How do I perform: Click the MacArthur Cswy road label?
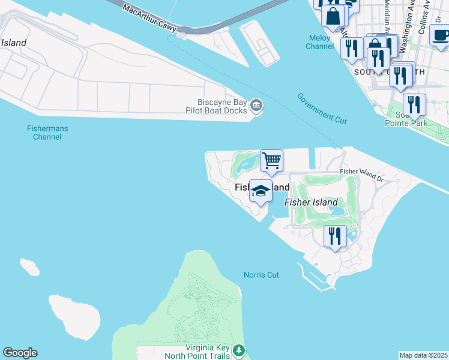click(x=149, y=17)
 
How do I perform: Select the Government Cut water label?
click(x=322, y=109)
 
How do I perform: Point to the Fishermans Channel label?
click(x=44, y=133)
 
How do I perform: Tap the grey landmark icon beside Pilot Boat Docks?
click(x=256, y=106)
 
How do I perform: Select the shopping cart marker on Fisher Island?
click(x=272, y=160)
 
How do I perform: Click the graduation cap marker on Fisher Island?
click(x=261, y=191)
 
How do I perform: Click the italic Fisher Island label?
click(x=311, y=202)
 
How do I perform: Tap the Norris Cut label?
click(x=261, y=275)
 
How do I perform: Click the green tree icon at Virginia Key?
click(x=239, y=349)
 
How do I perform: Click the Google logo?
click(x=20, y=353)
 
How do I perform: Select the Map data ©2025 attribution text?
click(x=423, y=355)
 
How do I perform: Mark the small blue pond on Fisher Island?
click(x=337, y=211)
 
